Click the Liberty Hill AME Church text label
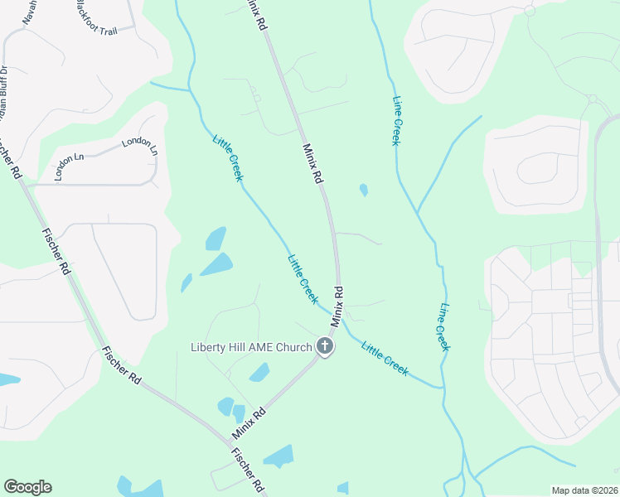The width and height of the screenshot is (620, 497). coord(250,346)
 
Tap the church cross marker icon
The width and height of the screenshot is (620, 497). coord(324,347)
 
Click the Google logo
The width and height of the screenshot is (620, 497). coord(27,487)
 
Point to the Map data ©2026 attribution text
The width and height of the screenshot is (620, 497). coord(584,490)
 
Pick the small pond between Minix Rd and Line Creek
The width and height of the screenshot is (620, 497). coord(364,191)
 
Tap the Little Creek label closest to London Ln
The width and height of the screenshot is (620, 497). coord(228,158)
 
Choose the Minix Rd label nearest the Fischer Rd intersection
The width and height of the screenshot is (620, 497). coord(249,422)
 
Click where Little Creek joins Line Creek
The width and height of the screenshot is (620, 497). coord(443,387)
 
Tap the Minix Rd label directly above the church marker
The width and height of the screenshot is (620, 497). coord(337,306)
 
